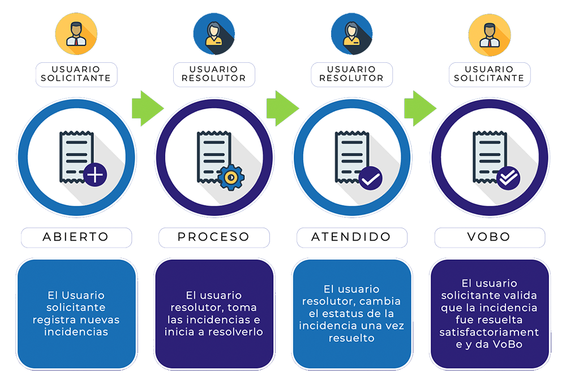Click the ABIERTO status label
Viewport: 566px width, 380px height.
click(x=76, y=237)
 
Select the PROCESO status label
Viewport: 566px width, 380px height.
click(x=214, y=237)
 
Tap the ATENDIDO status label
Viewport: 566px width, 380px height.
click(x=351, y=237)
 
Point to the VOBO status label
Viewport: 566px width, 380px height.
click(x=490, y=237)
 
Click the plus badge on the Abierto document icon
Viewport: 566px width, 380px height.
click(x=95, y=176)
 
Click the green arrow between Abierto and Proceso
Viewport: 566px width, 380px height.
click(x=145, y=105)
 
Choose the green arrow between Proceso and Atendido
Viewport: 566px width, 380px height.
click(x=282, y=105)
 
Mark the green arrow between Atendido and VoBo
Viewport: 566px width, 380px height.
click(x=420, y=105)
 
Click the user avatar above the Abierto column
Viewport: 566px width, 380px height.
click(x=76, y=34)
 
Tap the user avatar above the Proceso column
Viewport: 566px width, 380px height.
click(x=215, y=35)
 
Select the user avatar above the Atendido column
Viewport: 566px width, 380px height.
click(x=351, y=35)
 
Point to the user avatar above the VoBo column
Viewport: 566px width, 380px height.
click(x=490, y=34)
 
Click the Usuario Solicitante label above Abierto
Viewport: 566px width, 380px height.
click(x=76, y=74)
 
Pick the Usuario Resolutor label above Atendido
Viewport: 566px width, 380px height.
click(x=351, y=74)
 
